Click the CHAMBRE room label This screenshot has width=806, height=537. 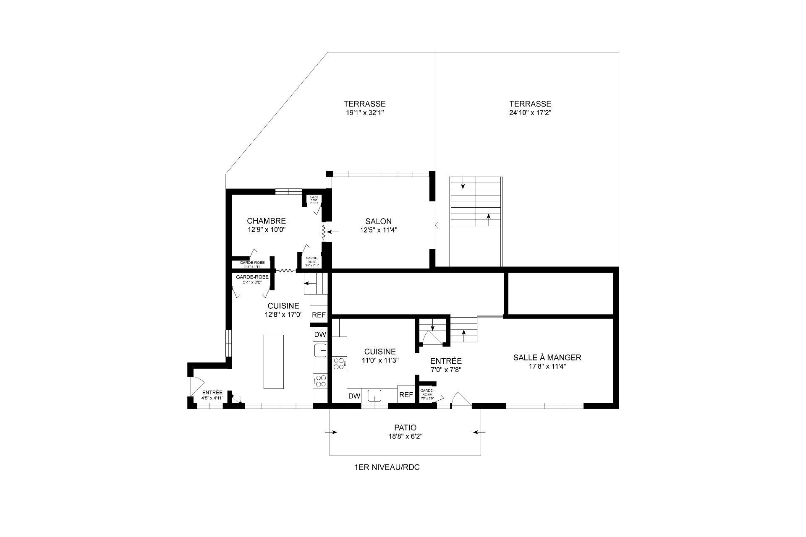[266, 221]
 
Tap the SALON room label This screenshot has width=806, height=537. [378, 222]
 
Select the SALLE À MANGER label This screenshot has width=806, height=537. [547, 357]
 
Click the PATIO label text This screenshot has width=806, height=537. [405, 428]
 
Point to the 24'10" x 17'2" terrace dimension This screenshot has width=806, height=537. [530, 112]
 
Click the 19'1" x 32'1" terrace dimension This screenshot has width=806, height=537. [364, 112]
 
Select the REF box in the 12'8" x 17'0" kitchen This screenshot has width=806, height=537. [319, 315]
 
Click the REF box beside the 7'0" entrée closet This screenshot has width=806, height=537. [406, 395]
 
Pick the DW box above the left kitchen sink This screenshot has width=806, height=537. [320, 334]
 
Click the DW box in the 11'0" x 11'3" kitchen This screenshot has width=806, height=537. [354, 396]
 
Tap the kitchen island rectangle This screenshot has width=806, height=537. [273, 362]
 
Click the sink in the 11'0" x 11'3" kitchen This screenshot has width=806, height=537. [374, 395]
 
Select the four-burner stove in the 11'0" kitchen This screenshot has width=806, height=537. [339, 364]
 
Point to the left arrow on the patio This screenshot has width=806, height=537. [334, 432]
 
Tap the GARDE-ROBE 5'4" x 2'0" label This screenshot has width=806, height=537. [252, 279]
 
